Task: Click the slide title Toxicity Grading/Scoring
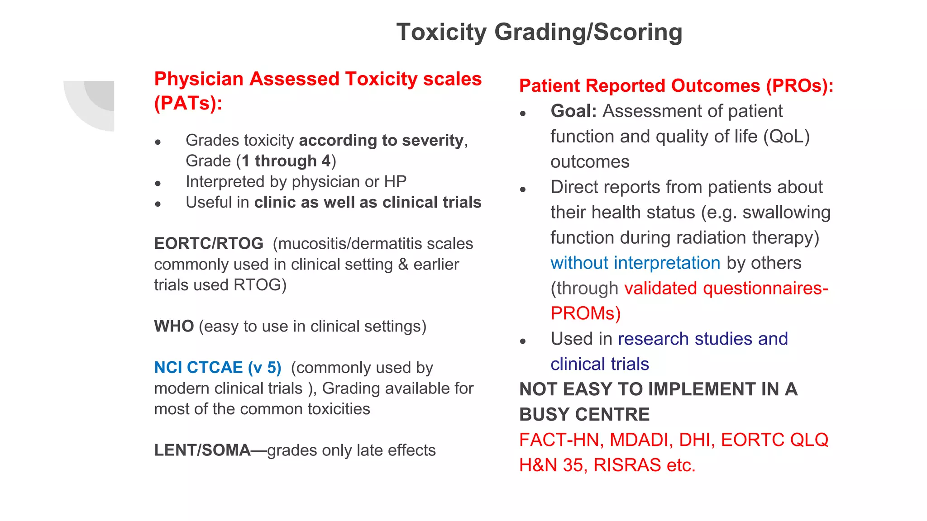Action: [x=539, y=33]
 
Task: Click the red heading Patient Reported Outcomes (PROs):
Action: [x=676, y=86]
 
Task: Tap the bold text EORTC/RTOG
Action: [x=209, y=244]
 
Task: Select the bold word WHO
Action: [x=174, y=327]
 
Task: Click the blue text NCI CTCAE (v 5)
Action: [x=218, y=368]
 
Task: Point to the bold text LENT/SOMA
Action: [x=202, y=450]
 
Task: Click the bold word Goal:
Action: [x=573, y=111]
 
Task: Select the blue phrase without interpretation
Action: [x=635, y=263]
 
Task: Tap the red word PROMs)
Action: [x=585, y=313]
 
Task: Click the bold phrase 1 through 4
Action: [x=286, y=161]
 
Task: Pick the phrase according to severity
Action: [x=381, y=141]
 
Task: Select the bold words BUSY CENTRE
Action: [x=584, y=415]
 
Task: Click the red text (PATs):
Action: [x=188, y=104]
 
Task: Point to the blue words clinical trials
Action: [x=600, y=364]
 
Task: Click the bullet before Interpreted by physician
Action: [x=158, y=184]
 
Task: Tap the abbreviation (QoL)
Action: [x=786, y=137]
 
